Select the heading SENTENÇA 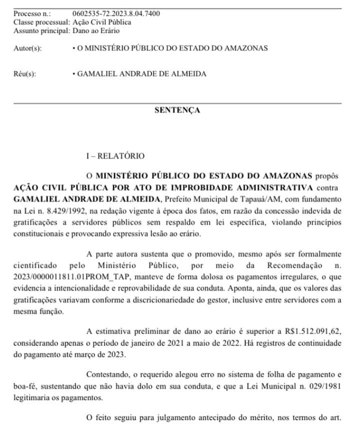tap(177, 110)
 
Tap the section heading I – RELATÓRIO tap(115, 156)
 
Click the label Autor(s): tap(27, 48)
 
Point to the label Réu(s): tap(25, 74)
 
